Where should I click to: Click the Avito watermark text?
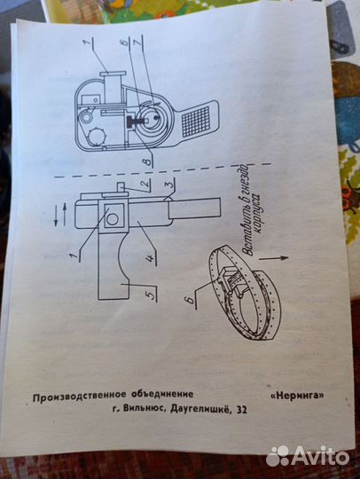(x=315, y=456)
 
